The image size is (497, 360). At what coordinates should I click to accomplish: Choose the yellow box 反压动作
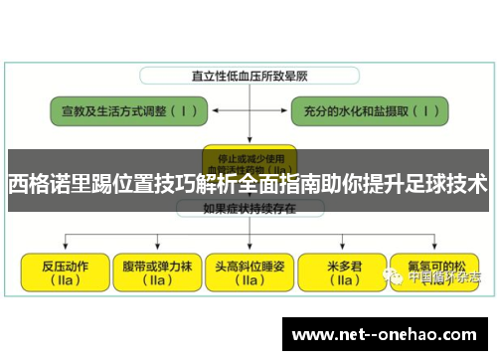(x=62, y=270)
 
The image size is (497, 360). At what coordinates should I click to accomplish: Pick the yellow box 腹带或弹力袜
(x=154, y=270)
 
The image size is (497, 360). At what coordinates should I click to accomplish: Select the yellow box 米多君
(x=341, y=270)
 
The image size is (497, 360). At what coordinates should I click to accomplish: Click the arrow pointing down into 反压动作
(x=63, y=245)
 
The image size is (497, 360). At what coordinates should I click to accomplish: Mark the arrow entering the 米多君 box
(x=340, y=245)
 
